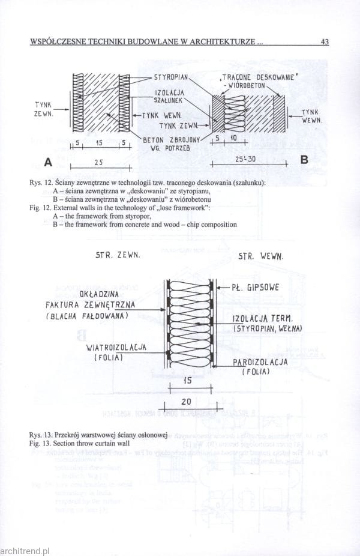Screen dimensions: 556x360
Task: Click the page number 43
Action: click(325, 42)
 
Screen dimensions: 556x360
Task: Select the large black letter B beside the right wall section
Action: click(304, 160)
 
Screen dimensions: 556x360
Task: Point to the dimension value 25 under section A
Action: click(98, 162)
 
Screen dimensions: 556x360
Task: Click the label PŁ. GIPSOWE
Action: click(255, 287)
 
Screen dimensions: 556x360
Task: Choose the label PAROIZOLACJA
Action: click(260, 362)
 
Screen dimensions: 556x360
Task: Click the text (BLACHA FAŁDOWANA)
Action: click(88, 316)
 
